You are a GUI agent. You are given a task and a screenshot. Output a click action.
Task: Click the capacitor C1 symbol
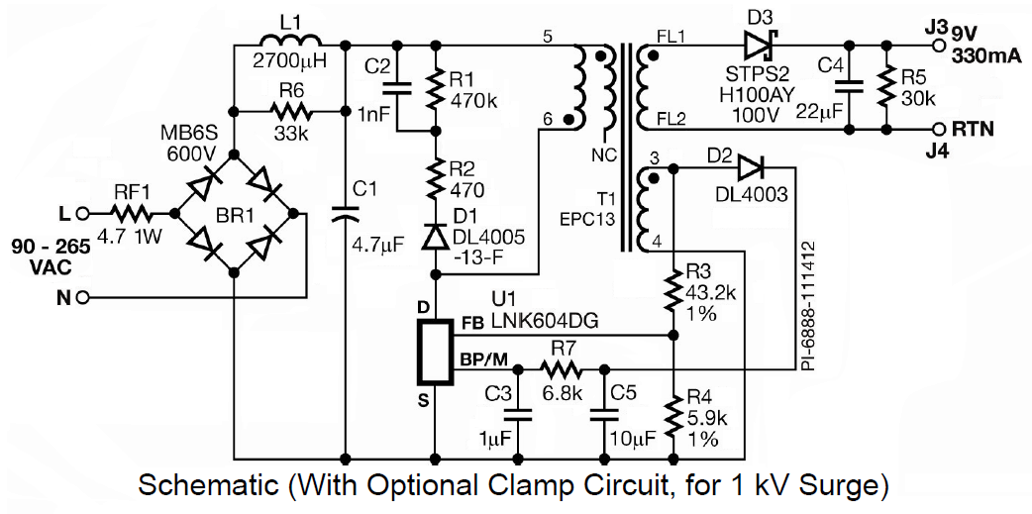pyautogui.click(x=345, y=211)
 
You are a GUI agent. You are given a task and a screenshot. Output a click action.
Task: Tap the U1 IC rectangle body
pyautogui.click(x=435, y=352)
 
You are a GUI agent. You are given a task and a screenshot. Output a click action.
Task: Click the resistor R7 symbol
pyautogui.click(x=561, y=369)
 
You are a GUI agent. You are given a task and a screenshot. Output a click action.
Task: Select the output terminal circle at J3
pyautogui.click(x=940, y=44)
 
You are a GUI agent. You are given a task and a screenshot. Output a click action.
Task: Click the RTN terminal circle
pyautogui.click(x=940, y=129)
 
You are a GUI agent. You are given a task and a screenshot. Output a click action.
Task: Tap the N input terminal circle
pyautogui.click(x=84, y=297)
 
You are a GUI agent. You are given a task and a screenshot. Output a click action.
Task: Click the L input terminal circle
pyautogui.click(x=84, y=212)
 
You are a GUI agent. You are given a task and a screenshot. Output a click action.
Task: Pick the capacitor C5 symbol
pyautogui.click(x=600, y=415)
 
